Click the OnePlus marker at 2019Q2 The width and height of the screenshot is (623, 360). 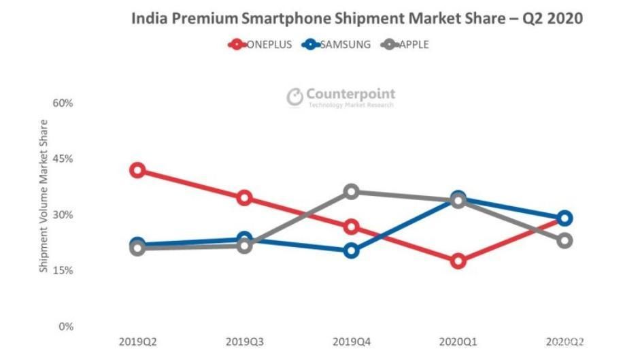point(137,170)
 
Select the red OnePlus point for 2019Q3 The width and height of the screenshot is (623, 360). point(244,198)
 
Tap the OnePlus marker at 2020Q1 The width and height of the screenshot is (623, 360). point(458,261)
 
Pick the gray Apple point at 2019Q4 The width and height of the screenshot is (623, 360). point(351,192)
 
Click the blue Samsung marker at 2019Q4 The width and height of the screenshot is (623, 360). point(351,250)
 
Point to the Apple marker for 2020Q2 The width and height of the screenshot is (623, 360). point(565,240)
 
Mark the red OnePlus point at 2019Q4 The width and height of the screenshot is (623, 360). point(351,227)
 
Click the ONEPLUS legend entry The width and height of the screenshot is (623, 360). point(261,45)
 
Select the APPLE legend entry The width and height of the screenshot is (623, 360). point(407,45)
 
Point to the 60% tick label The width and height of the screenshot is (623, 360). point(63,103)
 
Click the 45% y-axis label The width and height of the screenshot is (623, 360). point(63,159)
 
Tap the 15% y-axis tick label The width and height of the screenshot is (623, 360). point(63,270)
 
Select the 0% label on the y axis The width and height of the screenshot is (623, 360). point(65,326)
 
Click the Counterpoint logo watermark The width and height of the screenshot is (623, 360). point(341,97)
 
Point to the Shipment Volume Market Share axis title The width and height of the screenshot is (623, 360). point(44,196)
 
